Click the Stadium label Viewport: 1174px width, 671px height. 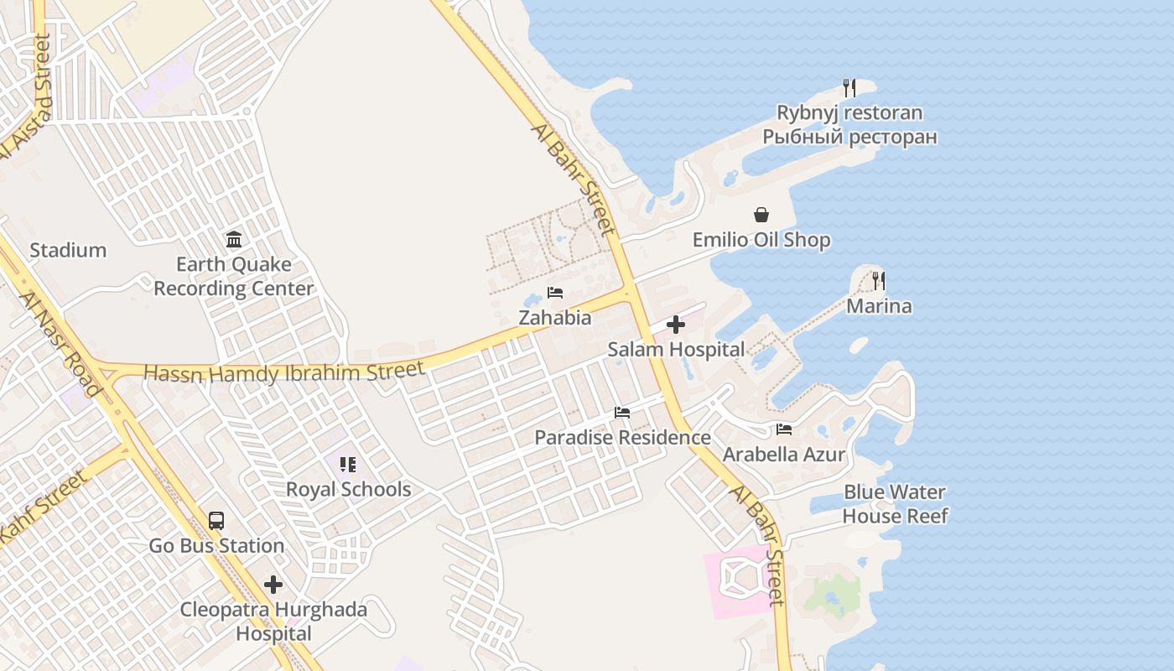[68, 250]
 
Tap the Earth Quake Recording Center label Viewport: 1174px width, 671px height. [233, 277]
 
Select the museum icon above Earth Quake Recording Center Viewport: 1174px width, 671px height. [234, 240]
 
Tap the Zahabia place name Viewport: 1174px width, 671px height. [554, 318]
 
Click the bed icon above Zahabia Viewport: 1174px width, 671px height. [554, 293]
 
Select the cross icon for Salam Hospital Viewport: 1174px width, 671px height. [676, 325]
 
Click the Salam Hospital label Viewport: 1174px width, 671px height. [676, 350]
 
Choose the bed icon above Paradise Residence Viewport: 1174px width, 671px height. [621, 413]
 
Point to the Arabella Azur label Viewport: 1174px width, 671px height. [784, 455]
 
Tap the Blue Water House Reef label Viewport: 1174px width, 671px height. [895, 504]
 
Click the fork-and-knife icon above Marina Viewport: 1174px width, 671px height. [879, 280]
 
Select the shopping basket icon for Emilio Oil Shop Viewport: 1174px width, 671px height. [761, 216]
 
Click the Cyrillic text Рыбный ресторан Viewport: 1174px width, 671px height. [849, 137]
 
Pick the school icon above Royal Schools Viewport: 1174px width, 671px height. [348, 465]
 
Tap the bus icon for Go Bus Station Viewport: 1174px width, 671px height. [216, 520]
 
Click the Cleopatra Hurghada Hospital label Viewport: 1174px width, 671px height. [273, 622]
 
